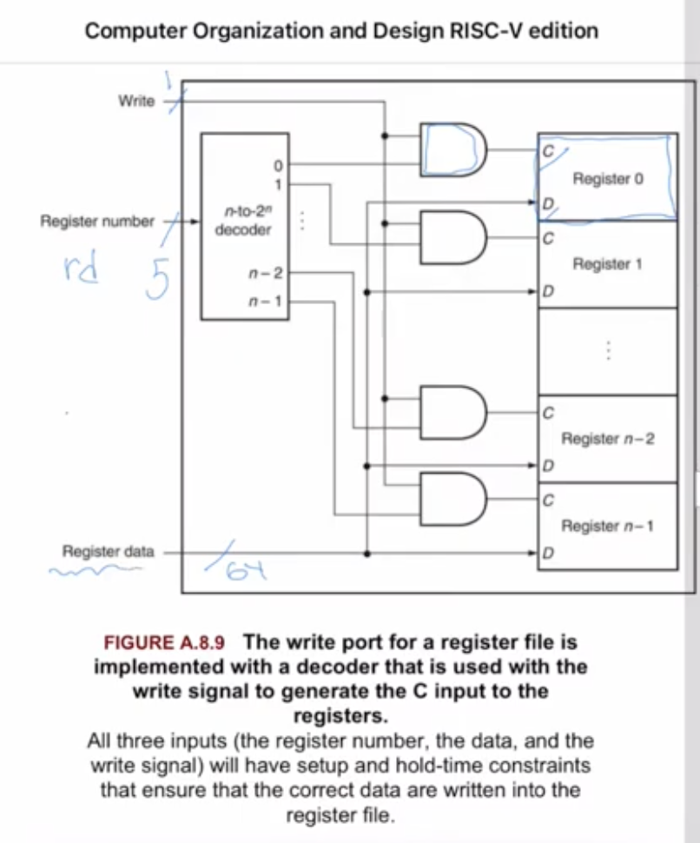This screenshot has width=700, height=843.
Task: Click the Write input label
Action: pos(135,101)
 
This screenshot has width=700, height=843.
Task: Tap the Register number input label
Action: pos(97,221)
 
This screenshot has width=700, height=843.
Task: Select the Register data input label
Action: pos(108,551)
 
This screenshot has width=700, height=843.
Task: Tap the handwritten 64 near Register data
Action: pos(234,570)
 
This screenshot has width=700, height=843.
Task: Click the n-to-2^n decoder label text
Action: pos(243,221)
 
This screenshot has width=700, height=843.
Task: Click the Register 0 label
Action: pos(608,179)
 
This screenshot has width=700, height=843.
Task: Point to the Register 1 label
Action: pos(607,263)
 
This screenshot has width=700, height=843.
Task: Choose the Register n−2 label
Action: pos(608,439)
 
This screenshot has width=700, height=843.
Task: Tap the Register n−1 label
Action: pos(608,526)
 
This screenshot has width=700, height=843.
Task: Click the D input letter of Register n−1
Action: pos(547,553)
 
